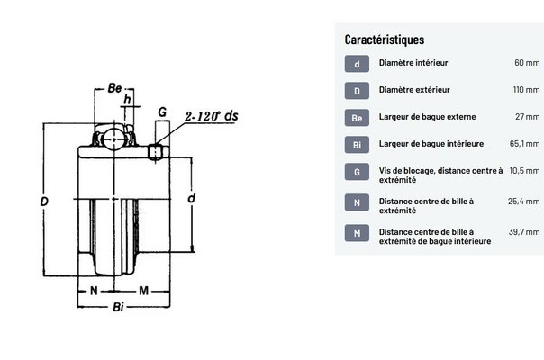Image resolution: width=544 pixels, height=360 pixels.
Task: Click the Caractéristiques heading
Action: pos(384,40)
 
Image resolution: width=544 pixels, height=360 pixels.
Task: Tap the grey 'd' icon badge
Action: pos(357,64)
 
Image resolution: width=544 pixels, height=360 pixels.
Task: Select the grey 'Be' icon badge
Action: pos(357,118)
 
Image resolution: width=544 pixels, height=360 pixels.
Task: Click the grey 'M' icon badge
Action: pos(357,233)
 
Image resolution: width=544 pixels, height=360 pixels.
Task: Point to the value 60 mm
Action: pos(527,63)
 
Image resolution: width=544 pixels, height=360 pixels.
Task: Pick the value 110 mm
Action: pos(526,90)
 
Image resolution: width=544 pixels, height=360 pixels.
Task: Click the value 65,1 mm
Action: pos(524,144)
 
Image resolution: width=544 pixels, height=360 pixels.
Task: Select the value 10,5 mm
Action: pos(524,171)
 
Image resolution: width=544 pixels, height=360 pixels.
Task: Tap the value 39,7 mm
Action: pos(524,231)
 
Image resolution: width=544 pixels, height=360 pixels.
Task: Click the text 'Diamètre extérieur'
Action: pos(414,90)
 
